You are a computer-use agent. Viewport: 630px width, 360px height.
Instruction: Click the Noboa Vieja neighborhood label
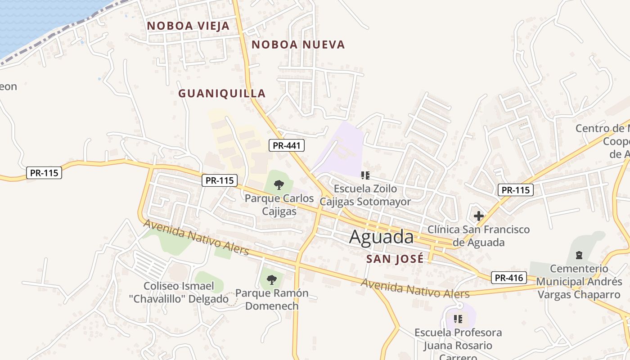coord(188,26)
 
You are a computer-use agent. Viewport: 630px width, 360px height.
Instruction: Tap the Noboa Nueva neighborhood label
coord(298,45)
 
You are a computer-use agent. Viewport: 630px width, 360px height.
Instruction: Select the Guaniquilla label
coord(222,94)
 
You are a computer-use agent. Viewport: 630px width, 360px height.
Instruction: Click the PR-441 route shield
coord(287,145)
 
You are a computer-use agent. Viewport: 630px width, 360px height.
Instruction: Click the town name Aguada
coord(381,237)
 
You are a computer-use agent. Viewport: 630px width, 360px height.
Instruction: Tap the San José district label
coord(395,259)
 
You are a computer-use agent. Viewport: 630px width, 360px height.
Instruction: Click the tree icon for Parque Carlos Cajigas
coord(279,184)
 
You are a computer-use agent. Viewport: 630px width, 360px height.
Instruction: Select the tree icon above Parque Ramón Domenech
coord(271,280)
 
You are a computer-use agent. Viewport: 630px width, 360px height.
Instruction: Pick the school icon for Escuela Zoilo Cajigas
coord(365,175)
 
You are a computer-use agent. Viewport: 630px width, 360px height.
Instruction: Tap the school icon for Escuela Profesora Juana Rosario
coord(458,319)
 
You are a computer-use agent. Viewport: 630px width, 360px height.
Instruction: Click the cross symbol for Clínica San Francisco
coord(478,216)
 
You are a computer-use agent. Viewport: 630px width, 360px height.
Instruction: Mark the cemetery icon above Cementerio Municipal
coord(579,255)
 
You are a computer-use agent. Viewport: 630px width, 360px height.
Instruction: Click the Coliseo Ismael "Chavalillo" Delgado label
coord(186,292)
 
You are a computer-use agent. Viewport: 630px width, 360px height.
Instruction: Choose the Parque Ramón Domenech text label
coord(272,300)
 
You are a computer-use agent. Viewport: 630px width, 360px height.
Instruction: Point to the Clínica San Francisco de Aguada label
coord(478,236)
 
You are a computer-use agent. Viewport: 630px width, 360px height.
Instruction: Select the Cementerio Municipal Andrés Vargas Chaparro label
coord(579,282)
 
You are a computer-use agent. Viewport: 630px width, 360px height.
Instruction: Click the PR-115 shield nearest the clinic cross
coord(515,190)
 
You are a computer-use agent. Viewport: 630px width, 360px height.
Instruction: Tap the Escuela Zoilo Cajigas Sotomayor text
coord(365,195)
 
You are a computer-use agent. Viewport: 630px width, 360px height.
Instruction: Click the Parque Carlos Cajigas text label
coord(279,205)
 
